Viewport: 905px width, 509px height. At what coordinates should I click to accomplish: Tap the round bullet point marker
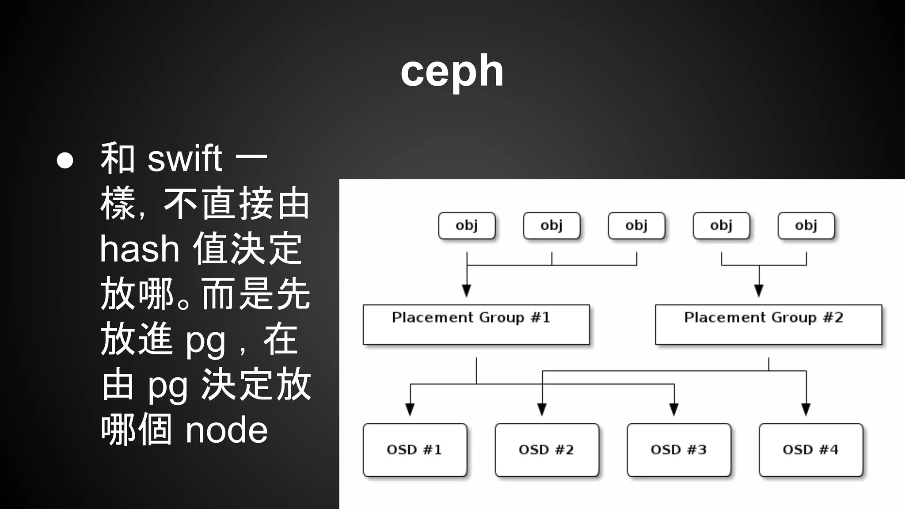65,160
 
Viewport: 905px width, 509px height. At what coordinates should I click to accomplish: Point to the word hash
139,249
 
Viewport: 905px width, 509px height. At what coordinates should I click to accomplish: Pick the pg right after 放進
205,342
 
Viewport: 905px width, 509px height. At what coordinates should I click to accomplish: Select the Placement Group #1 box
476,324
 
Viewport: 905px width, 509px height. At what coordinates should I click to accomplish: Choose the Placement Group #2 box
768,324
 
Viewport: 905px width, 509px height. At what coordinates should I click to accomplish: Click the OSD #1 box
414,450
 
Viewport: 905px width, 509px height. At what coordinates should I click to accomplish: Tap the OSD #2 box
547,450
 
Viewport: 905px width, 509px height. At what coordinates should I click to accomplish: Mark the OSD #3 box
679,450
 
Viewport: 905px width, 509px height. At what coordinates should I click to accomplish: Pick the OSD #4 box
810,450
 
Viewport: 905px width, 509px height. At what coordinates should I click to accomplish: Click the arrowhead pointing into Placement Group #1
467,291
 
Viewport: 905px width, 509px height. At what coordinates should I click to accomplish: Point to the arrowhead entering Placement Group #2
759,291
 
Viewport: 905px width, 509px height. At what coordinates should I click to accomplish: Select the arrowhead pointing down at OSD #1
410,410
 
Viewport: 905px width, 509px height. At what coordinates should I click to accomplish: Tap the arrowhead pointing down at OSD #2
542,410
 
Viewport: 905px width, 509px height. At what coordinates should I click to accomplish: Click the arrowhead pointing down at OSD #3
674,410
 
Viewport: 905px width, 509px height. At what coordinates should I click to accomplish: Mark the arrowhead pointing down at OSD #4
806,410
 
